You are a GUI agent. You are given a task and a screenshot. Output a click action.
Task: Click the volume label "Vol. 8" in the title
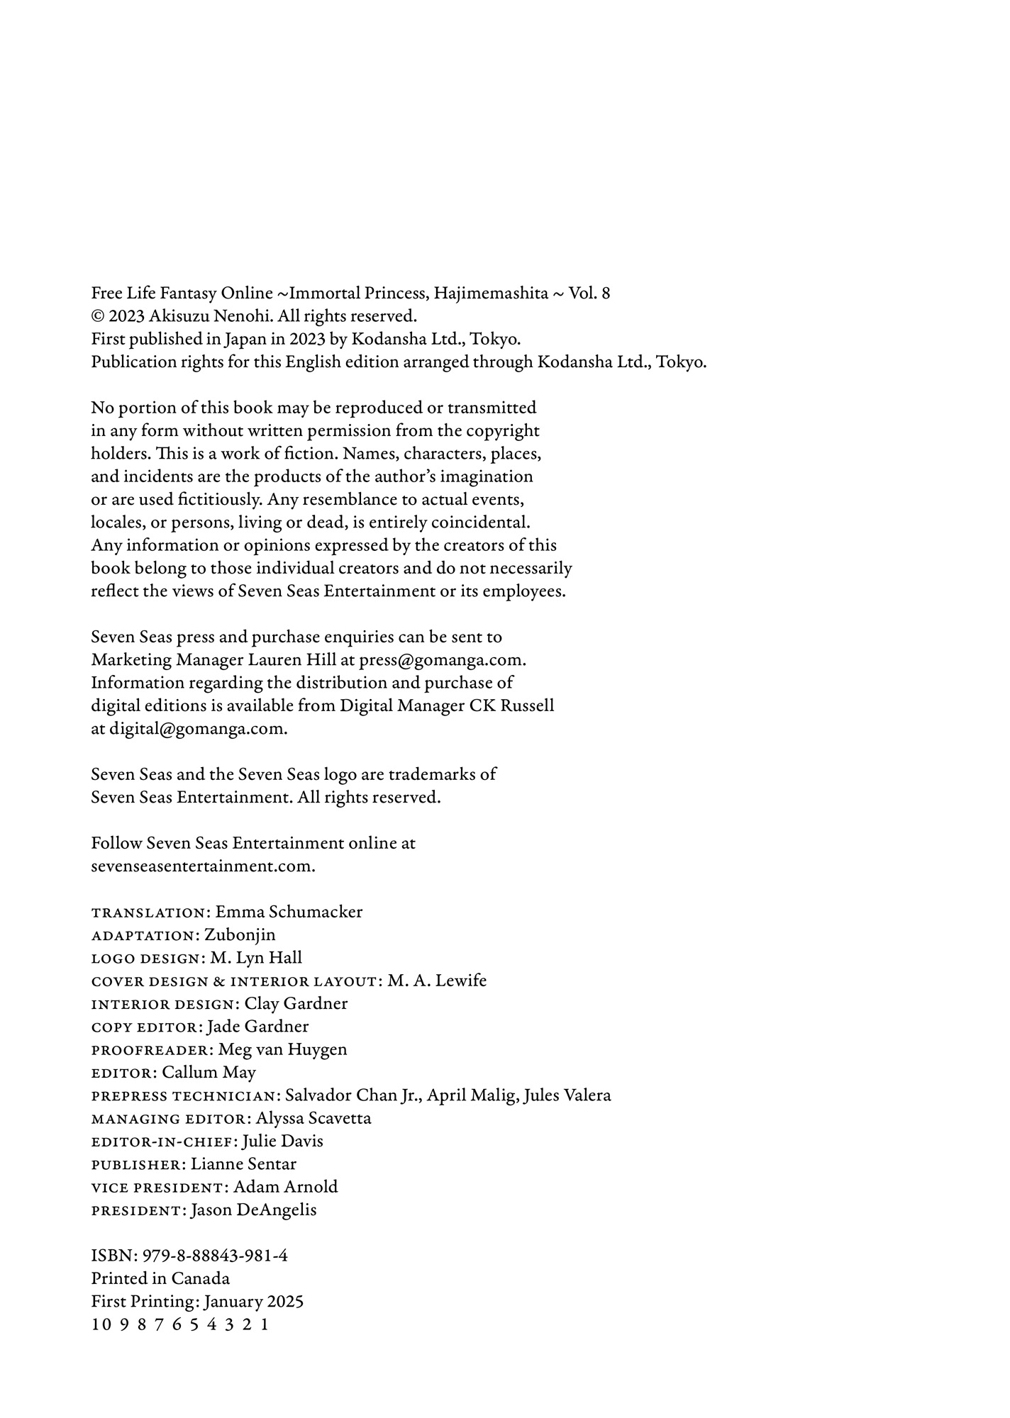(589, 294)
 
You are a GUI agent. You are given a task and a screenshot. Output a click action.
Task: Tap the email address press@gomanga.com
(442, 660)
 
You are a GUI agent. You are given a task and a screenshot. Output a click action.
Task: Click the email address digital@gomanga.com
(198, 729)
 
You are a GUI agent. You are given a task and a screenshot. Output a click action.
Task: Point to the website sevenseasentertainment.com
(203, 866)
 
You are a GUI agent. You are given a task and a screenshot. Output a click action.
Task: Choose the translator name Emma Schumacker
(289, 912)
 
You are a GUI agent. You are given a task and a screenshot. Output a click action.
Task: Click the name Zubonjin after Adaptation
(240, 935)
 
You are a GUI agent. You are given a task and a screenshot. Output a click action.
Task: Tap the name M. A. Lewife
(437, 981)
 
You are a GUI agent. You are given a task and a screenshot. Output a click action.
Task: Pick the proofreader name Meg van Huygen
(282, 1050)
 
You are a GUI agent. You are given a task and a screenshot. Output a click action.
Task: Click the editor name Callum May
(209, 1073)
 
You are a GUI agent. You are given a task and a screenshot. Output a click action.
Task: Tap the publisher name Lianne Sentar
(243, 1164)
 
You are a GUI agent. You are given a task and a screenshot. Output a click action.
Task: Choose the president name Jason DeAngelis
(253, 1210)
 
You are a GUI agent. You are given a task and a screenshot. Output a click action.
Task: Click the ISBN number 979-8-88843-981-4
(215, 1256)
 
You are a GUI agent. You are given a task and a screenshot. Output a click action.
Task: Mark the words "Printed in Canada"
(160, 1279)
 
